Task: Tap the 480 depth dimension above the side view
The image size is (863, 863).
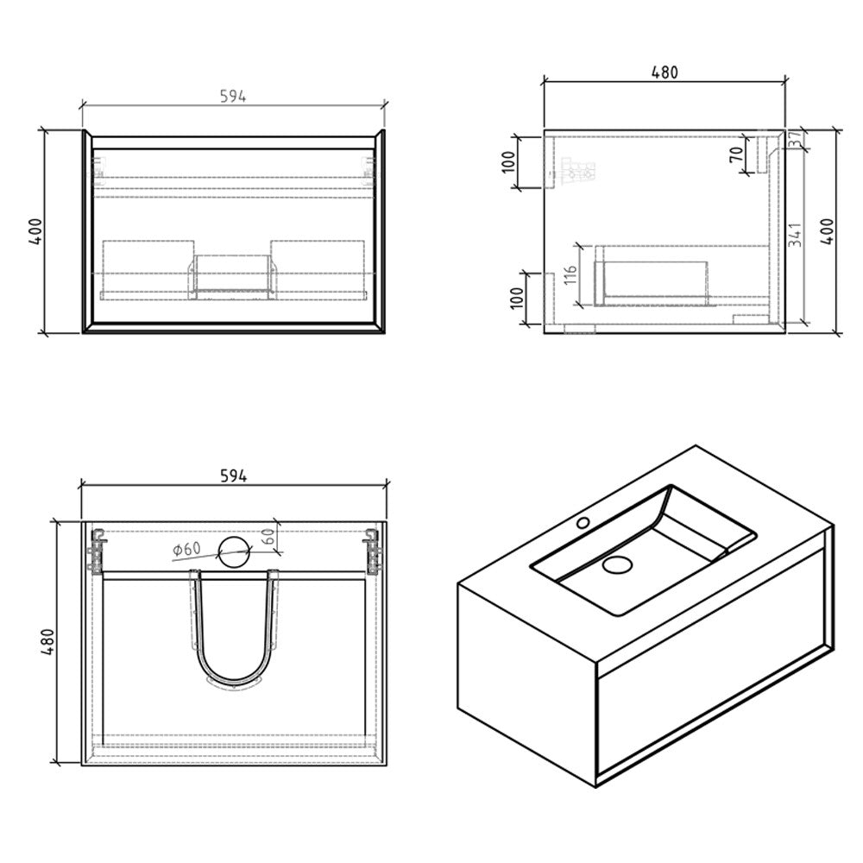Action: [x=664, y=72]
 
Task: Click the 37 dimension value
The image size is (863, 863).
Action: [x=795, y=140]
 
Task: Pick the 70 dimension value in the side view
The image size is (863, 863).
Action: [x=736, y=155]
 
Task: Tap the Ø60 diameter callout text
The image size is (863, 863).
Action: [x=186, y=549]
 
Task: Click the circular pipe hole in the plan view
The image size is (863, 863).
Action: [x=233, y=551]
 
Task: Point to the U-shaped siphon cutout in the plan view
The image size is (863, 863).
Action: [x=236, y=630]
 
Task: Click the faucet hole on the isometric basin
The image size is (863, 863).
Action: [x=583, y=522]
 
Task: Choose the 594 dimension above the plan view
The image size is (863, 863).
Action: [x=233, y=476]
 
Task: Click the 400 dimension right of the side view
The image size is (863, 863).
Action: [x=827, y=231]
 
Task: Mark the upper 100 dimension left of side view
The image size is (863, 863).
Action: [x=507, y=162]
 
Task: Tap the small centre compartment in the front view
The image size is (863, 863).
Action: [x=231, y=274]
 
